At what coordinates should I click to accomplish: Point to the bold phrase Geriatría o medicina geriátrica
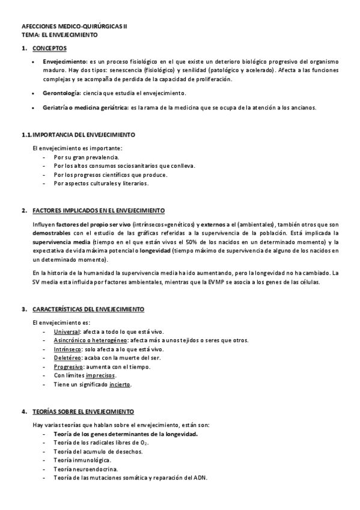(85, 108)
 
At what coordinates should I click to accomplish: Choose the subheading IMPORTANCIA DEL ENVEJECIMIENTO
(84, 134)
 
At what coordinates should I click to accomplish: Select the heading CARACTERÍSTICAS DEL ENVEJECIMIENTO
(88, 309)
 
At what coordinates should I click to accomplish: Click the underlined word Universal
(66, 332)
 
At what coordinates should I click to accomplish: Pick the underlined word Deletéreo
(66, 358)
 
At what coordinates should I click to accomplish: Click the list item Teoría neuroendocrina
(85, 469)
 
